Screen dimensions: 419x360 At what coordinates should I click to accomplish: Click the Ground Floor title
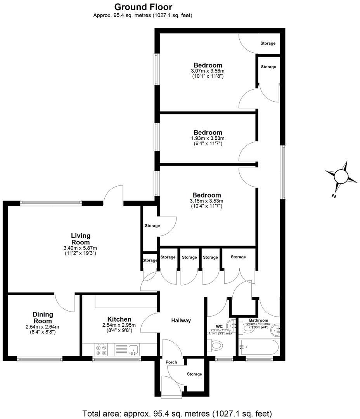tap(143, 7)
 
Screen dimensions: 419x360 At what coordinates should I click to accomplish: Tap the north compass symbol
tap(341, 177)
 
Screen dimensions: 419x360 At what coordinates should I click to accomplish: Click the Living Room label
tap(81, 239)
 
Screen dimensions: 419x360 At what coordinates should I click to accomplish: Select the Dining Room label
tap(43, 318)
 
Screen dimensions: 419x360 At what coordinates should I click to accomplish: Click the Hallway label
tap(181, 320)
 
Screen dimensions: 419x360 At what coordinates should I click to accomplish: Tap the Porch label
tap(171, 362)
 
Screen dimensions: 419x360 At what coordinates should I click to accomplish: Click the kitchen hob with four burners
tap(101, 350)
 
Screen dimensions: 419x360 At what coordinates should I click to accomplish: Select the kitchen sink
tap(133, 350)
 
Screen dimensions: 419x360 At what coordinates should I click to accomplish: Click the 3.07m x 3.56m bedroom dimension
tap(208, 71)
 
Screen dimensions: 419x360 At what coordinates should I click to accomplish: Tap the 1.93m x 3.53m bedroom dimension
tap(208, 138)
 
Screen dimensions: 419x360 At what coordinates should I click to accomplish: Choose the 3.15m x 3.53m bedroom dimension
tap(207, 201)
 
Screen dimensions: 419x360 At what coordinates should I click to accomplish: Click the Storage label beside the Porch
tap(194, 374)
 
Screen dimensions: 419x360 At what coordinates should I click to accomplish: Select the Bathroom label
tap(259, 320)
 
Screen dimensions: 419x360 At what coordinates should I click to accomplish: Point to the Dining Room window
tap(40, 360)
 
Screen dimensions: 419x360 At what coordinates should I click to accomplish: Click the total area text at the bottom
tap(177, 413)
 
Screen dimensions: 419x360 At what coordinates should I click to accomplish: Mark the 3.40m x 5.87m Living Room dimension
tap(81, 248)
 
